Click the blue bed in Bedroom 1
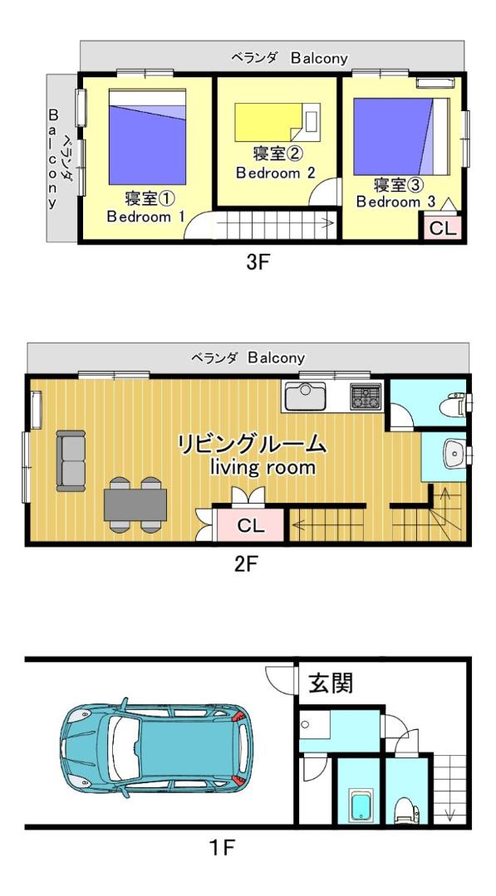pyautogui.click(x=147, y=137)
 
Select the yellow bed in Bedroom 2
pyautogui.click(x=277, y=122)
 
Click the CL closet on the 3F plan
pyautogui.click(x=443, y=228)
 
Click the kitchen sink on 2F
pyautogui.click(x=306, y=396)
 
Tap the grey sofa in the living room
pyautogui.click(x=71, y=460)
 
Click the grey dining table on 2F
pyautogui.click(x=135, y=504)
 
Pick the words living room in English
pyautogui.click(x=263, y=468)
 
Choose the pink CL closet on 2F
pyautogui.click(x=250, y=525)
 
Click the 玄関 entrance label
pyautogui.click(x=331, y=683)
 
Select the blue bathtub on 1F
pyautogui.click(x=361, y=806)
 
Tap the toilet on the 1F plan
pyautogui.click(x=407, y=810)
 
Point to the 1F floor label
pyautogui.click(x=221, y=847)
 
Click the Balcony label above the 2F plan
pyautogui.click(x=276, y=358)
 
